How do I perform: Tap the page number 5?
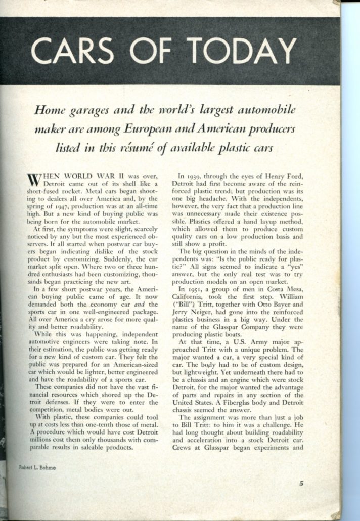tap(301, 483)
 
